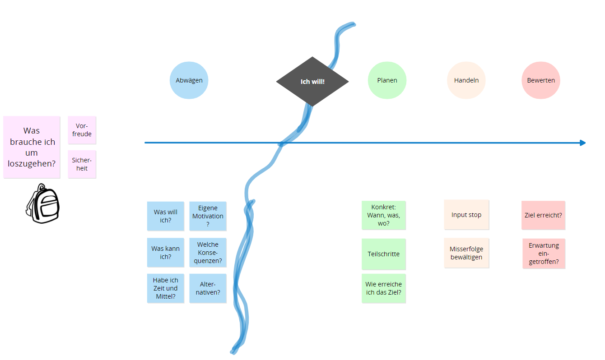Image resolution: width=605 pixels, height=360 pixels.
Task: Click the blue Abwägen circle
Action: [189, 80]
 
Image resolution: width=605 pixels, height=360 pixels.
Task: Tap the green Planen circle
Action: [387, 80]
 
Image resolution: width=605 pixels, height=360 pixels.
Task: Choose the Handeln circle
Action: [466, 80]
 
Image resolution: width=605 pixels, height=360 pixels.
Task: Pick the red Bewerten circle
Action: [540, 80]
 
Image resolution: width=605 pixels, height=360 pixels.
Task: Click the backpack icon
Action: [42, 204]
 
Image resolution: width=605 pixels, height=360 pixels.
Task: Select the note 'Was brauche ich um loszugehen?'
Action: [32, 147]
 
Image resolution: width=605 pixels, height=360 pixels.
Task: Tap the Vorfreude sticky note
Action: [82, 130]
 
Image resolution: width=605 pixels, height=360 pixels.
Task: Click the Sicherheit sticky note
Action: [82, 164]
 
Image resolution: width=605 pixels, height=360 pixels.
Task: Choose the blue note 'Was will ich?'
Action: [165, 216]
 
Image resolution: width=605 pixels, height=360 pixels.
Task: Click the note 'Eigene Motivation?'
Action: [208, 216]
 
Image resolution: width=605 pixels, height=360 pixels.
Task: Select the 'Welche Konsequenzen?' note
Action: [208, 253]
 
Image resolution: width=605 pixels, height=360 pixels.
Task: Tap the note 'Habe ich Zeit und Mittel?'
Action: [165, 288]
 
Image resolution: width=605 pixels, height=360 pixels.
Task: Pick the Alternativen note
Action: [208, 288]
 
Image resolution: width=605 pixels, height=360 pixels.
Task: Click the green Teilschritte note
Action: [383, 254]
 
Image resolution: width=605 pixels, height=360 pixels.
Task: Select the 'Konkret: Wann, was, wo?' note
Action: [383, 215]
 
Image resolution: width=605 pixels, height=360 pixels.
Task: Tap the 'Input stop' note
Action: [466, 215]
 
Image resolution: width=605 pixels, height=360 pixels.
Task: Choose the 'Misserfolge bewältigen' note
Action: [466, 253]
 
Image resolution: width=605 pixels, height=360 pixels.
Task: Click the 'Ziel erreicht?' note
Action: [543, 215]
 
